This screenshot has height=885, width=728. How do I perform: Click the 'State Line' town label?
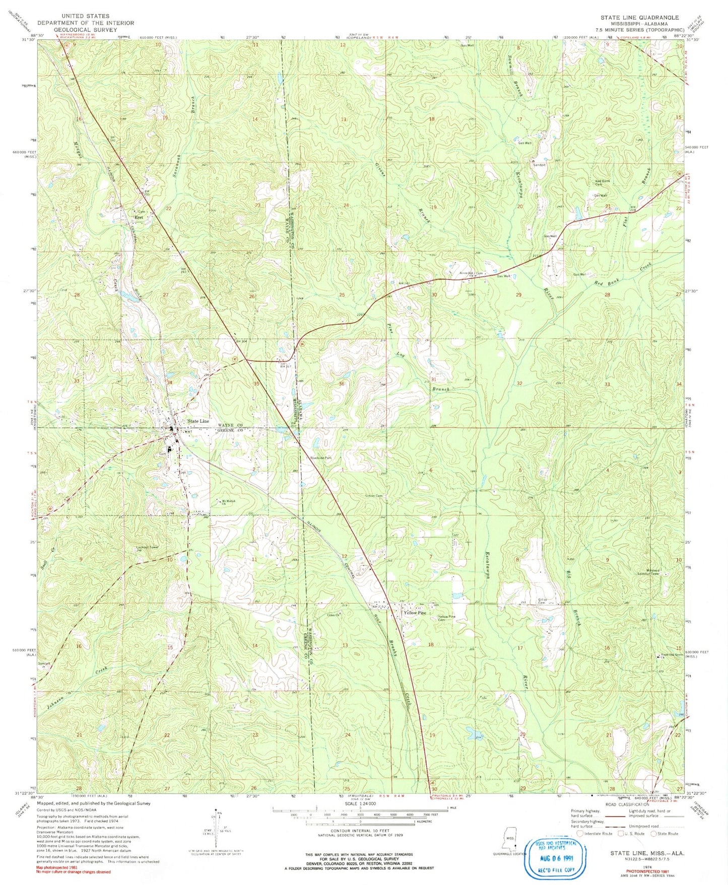[x=197, y=421]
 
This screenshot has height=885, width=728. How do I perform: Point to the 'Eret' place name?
[x=138, y=217]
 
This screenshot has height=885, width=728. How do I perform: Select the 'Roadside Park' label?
[x=321, y=458]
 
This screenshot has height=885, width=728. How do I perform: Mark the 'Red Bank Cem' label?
[x=603, y=183]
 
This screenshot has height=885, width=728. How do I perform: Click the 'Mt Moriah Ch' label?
[x=229, y=501]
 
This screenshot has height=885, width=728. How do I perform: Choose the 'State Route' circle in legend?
[x=655, y=848]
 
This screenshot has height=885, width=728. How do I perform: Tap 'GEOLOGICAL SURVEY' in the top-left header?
[x=85, y=30]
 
